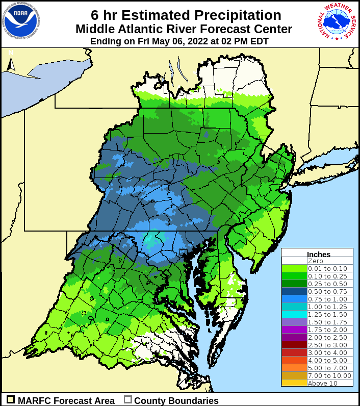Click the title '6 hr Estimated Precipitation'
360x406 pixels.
click(186, 15)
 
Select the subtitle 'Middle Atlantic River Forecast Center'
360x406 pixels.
click(184, 29)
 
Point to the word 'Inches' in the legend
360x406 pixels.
click(319, 254)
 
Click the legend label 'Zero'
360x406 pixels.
click(315, 261)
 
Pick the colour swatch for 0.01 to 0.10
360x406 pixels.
click(294, 268)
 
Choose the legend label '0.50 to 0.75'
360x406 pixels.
click(327, 291)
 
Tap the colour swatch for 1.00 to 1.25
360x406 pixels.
click(294, 307)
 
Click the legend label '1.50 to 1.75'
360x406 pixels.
click(327, 322)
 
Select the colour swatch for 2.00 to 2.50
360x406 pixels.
click(294, 337)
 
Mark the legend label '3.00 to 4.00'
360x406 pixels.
click(327, 352)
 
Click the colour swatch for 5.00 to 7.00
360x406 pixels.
click(294, 368)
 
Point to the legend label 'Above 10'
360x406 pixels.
click(322, 383)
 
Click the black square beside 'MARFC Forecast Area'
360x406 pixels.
click(10, 400)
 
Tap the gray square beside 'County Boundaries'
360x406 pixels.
click(128, 400)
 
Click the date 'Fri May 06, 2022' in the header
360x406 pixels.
click(171, 41)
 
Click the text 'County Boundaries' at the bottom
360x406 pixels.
click(176, 400)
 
